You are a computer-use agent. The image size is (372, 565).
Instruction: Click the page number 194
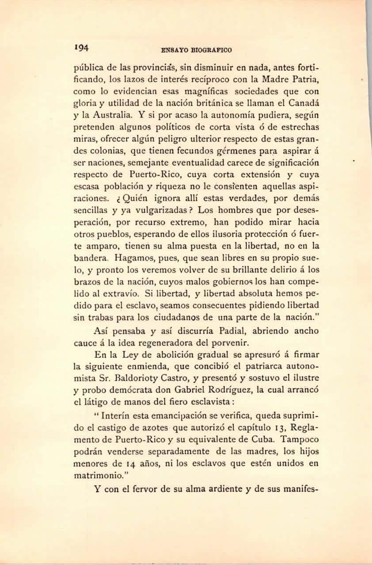pyautogui.click(x=82, y=48)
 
